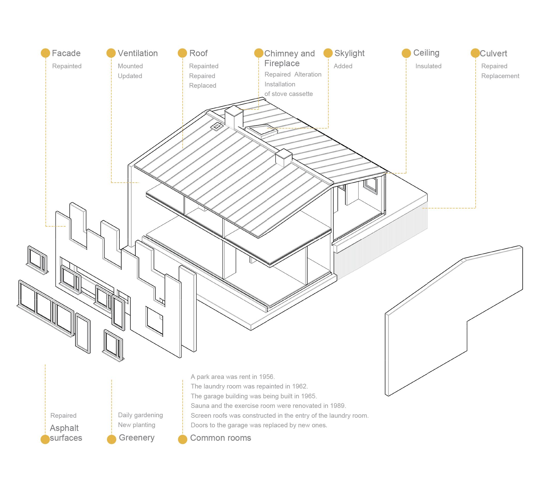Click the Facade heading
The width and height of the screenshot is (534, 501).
66,53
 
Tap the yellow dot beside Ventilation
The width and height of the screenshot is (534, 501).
111,53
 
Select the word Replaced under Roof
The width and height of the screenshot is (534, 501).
203,86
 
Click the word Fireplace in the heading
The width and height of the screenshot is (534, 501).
282,63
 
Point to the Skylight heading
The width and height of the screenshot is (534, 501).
350,53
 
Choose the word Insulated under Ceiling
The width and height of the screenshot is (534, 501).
428,66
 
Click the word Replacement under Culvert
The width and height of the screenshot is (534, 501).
500,76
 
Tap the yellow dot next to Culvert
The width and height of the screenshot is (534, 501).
475,53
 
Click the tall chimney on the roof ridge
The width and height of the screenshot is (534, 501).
234,117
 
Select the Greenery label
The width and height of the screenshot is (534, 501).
136,438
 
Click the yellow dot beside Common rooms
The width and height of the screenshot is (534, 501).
182,439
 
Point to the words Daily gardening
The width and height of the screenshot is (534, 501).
140,415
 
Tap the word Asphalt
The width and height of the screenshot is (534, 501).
64,428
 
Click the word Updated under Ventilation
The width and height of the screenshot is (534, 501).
130,76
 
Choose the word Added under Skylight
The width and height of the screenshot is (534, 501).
343,66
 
